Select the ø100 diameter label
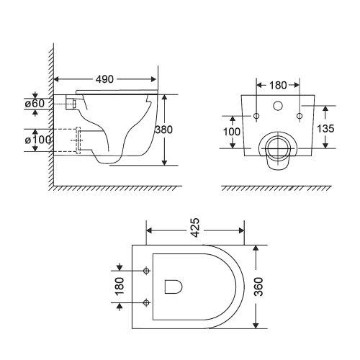click(x=39, y=139)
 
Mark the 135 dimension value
click(x=326, y=130)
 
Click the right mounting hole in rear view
click(x=298, y=116)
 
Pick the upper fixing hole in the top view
click(x=146, y=271)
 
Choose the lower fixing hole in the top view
click(x=146, y=302)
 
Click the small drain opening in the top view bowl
click(x=173, y=287)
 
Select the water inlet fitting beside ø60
click(x=69, y=104)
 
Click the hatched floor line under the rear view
click(x=277, y=189)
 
